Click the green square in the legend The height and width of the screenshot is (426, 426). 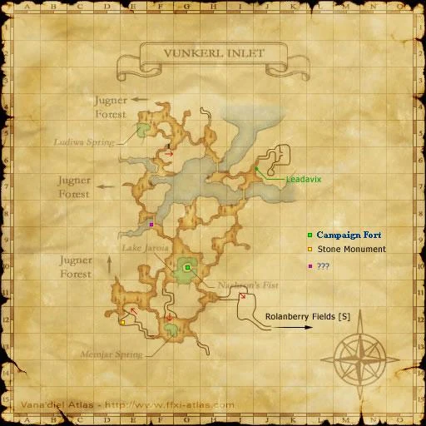pyautogui.click(x=310, y=235)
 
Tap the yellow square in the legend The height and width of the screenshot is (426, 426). pyautogui.click(x=310, y=249)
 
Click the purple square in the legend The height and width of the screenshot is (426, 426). pyautogui.click(x=310, y=265)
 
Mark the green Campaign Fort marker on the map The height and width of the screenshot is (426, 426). pyautogui.click(x=187, y=267)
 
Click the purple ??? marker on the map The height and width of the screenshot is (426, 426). pyautogui.click(x=151, y=224)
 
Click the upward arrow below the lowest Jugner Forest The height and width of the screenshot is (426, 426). pyautogui.click(x=110, y=265)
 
